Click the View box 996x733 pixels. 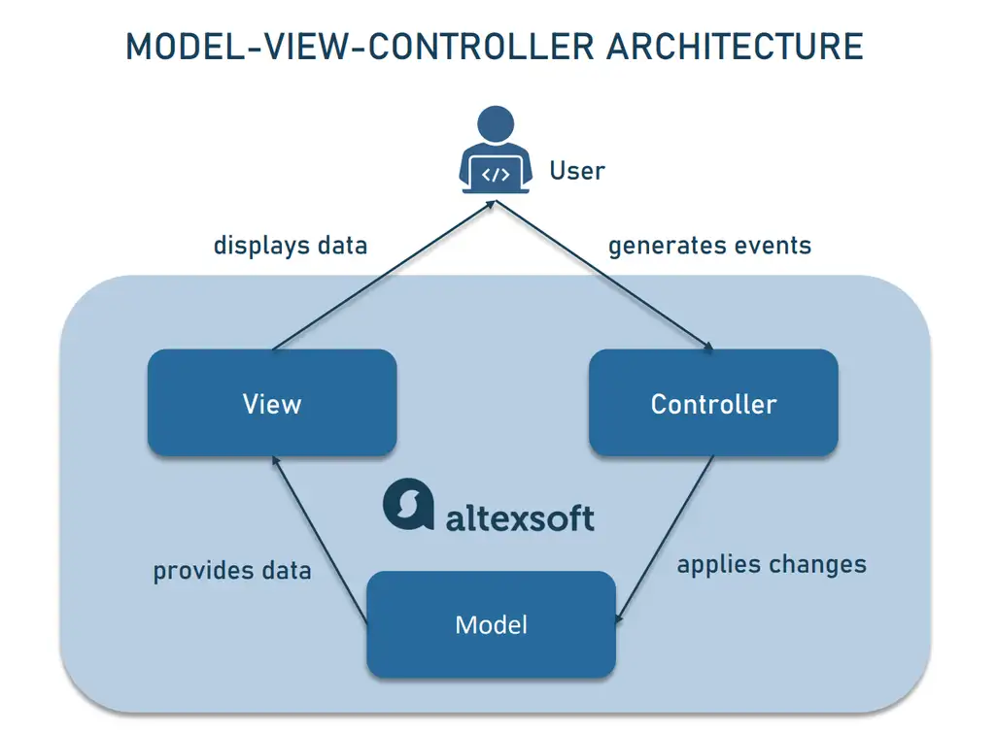(x=272, y=403)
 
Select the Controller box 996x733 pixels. (x=713, y=403)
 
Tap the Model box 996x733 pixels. (x=491, y=623)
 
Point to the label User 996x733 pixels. (x=577, y=171)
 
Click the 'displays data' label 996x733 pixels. (x=291, y=245)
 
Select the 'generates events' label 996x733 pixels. (x=709, y=245)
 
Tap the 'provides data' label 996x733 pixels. (x=232, y=570)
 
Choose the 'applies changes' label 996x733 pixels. (x=772, y=564)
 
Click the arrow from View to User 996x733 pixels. (x=384, y=276)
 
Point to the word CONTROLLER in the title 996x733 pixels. (x=465, y=47)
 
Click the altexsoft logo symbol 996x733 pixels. (x=408, y=504)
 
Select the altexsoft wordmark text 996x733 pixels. (x=520, y=516)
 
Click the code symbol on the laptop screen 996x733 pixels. (x=496, y=175)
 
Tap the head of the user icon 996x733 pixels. (x=496, y=125)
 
